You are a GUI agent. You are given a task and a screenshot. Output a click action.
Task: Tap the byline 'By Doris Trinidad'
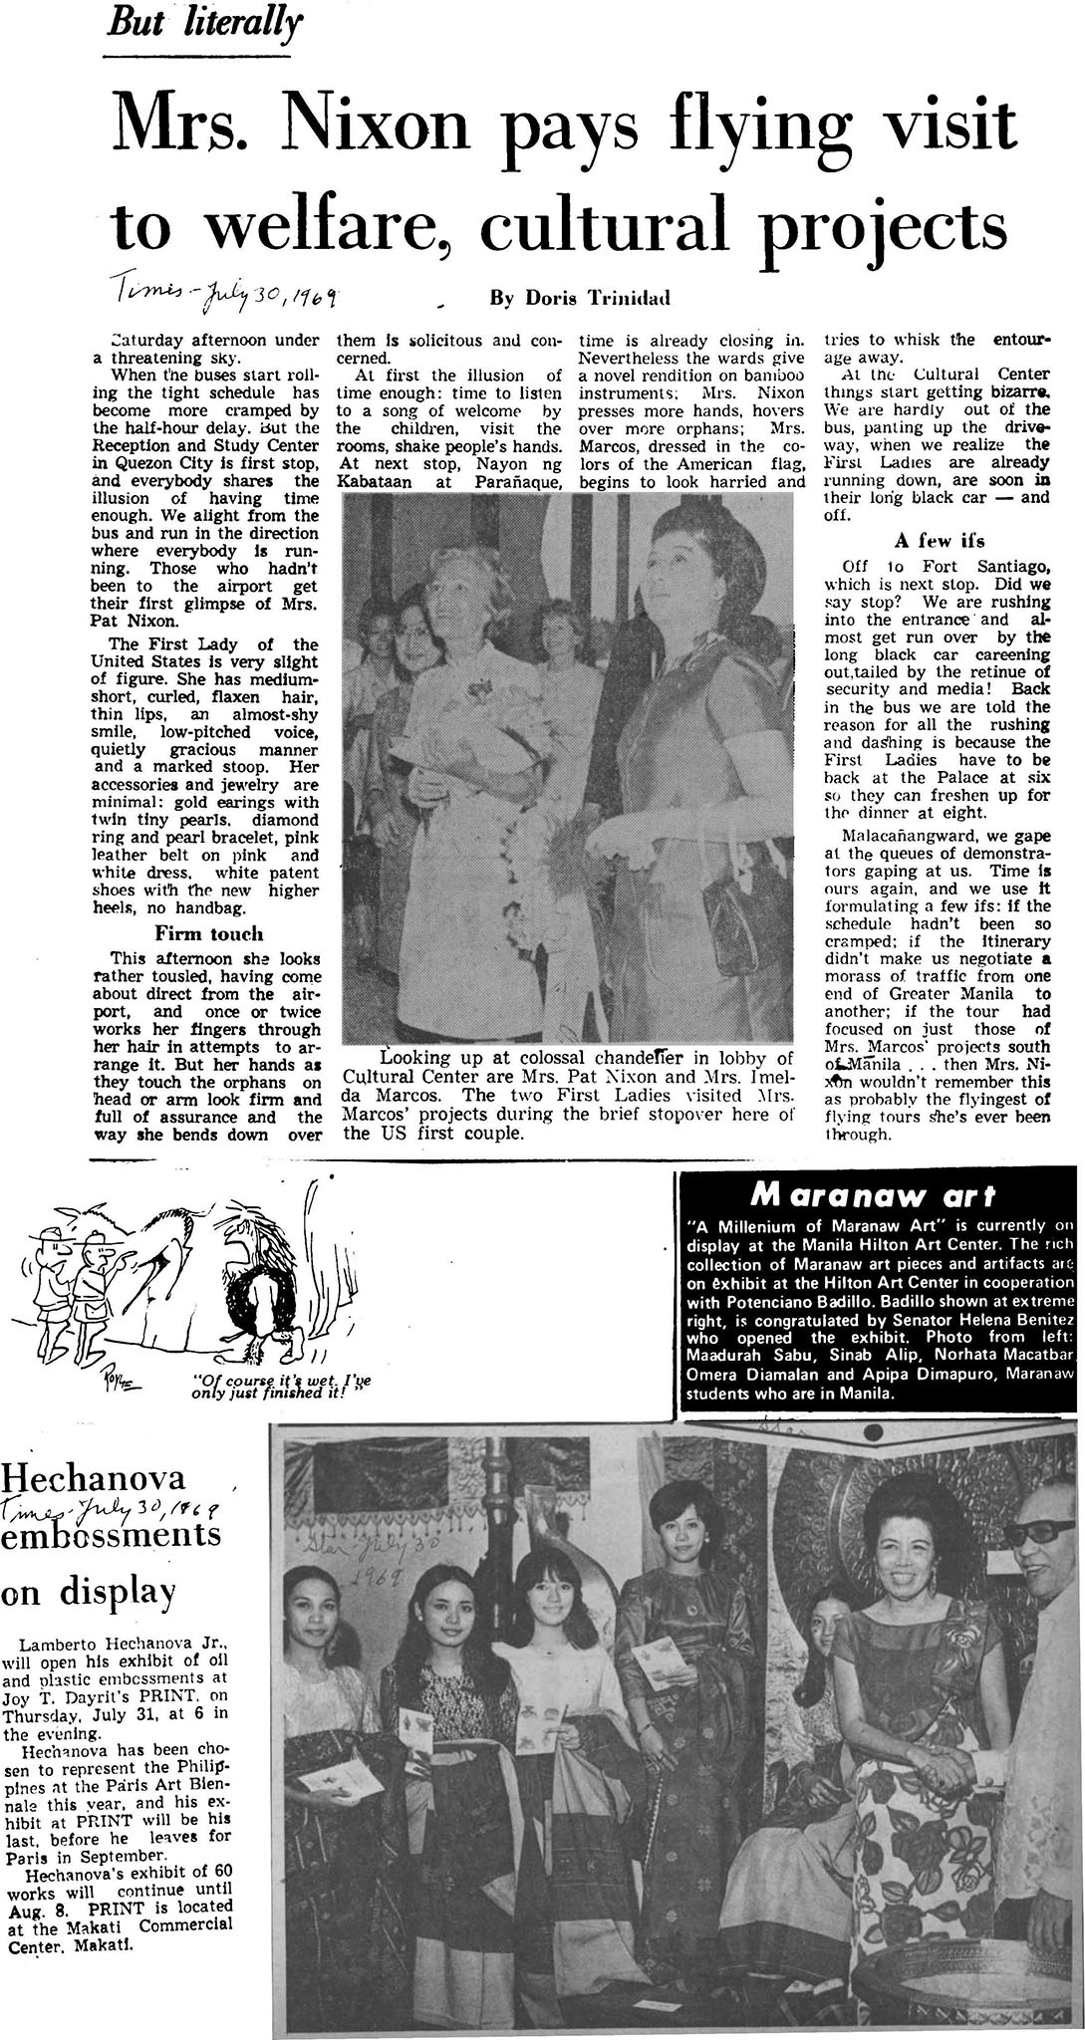coord(562,298)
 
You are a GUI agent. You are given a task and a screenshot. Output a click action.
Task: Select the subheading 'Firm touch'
coord(209,933)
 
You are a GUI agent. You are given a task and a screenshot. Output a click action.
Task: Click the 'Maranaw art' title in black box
coord(876,1192)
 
